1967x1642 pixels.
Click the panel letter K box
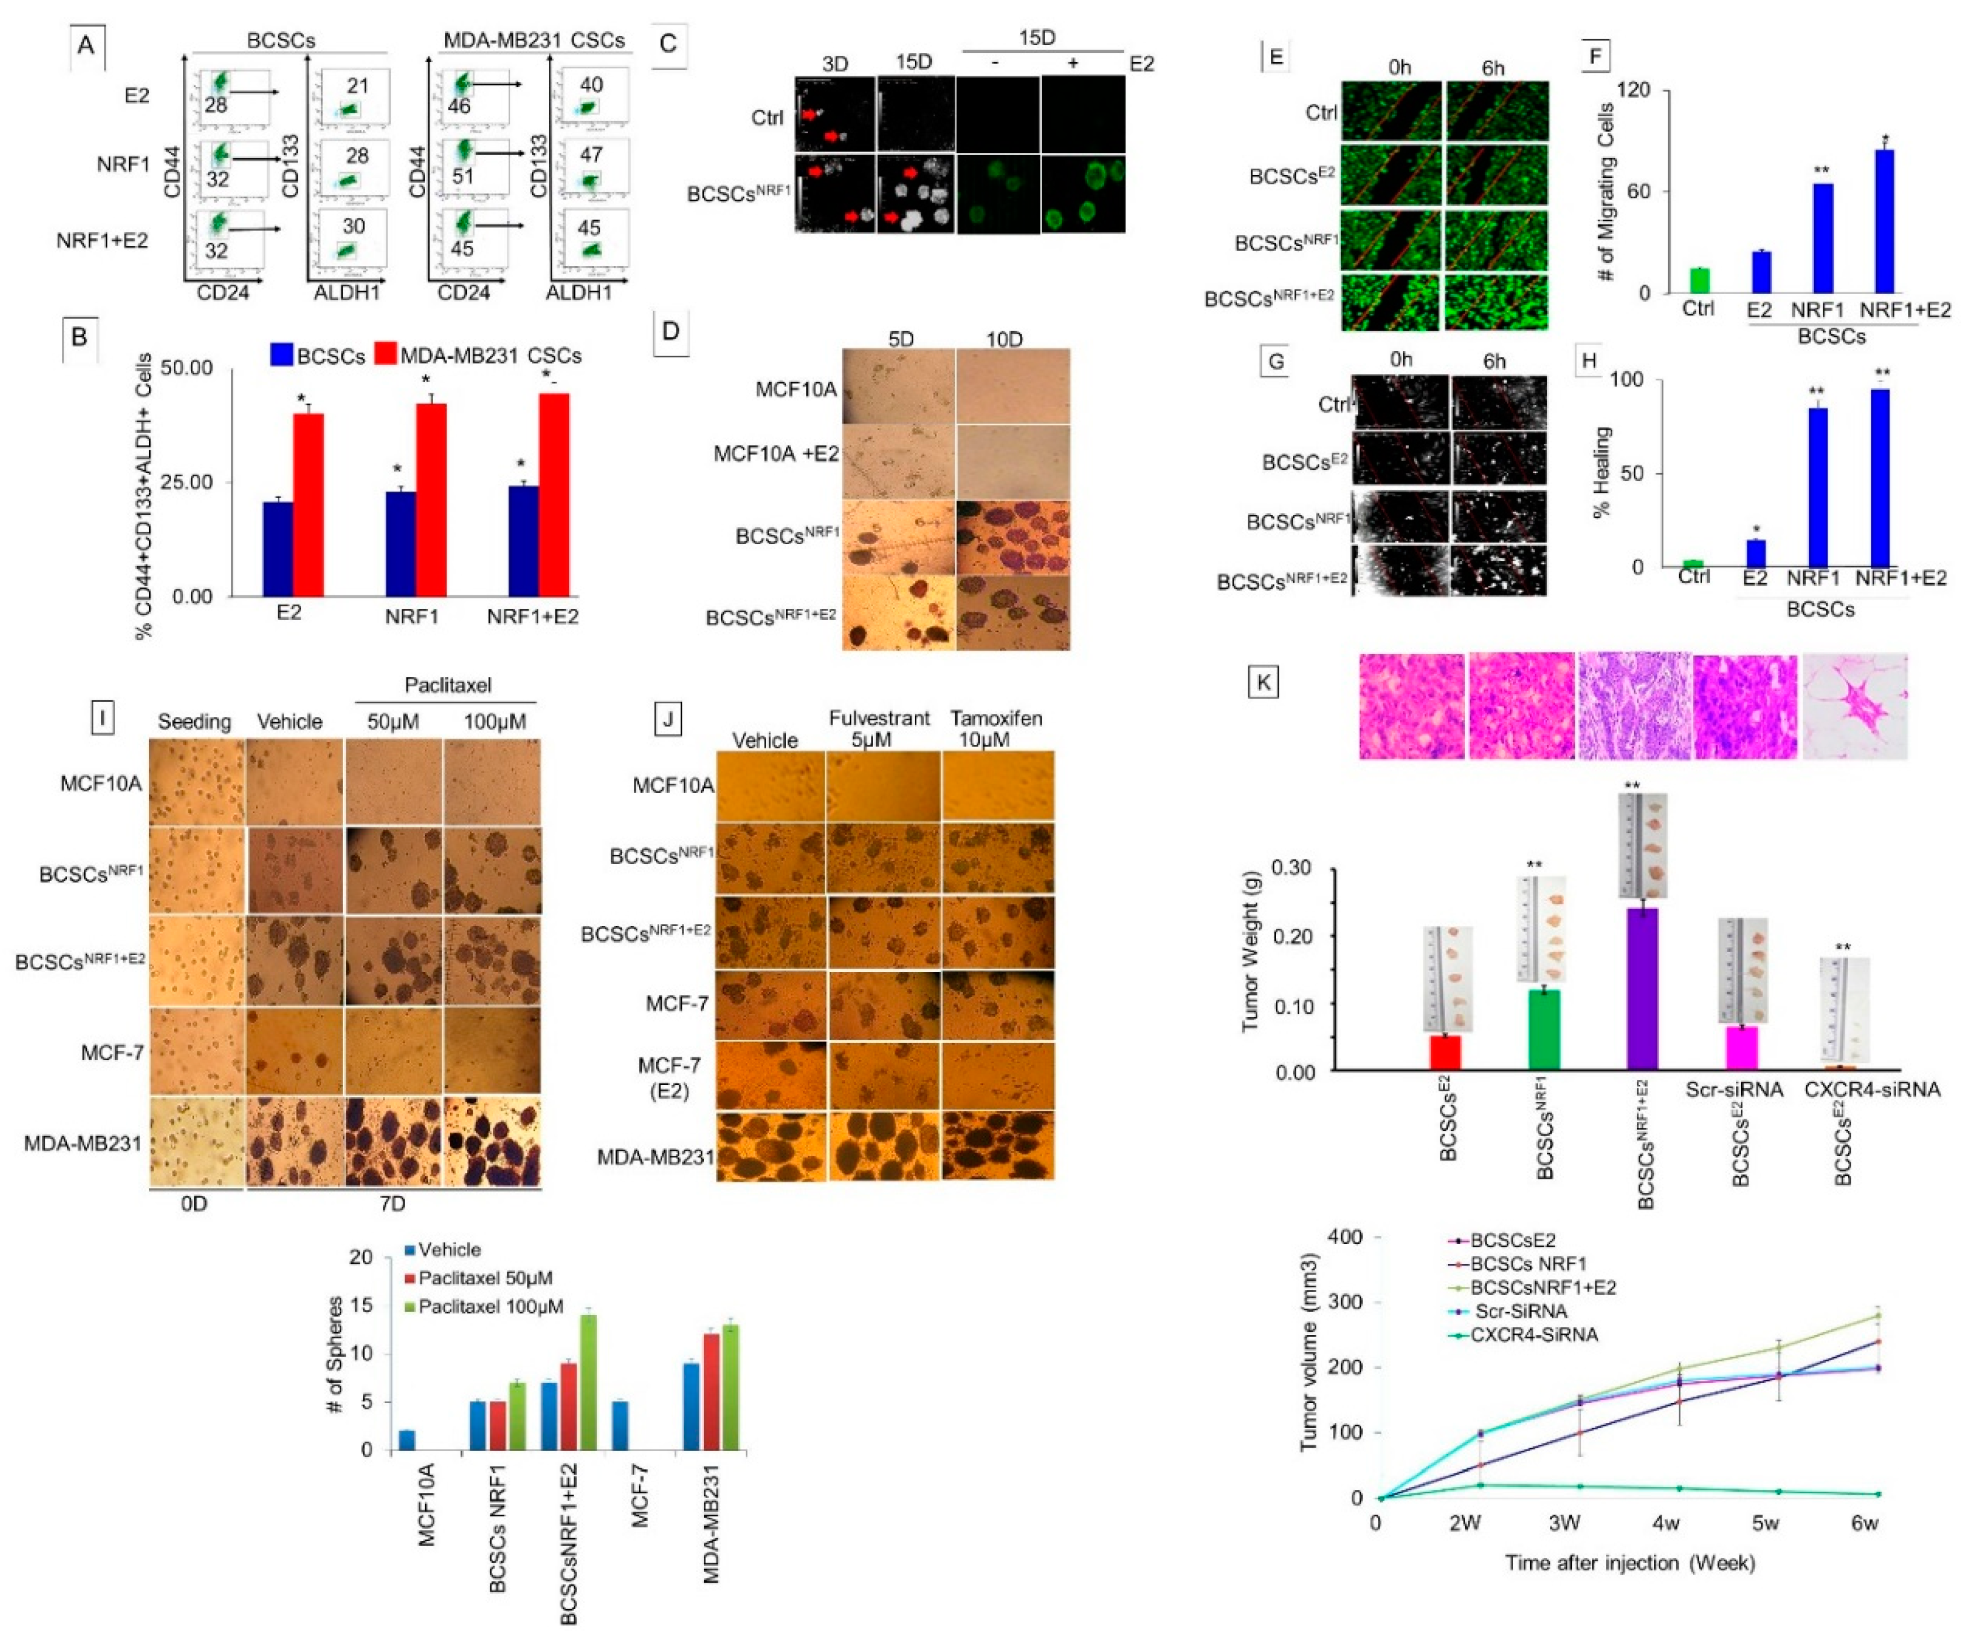[x=1264, y=682]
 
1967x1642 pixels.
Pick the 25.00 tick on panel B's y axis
[x=187, y=483]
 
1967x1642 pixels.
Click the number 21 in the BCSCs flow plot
[x=357, y=86]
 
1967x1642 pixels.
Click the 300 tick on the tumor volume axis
[x=1342, y=1303]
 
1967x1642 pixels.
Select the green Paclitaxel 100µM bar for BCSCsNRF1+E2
[x=588, y=1381]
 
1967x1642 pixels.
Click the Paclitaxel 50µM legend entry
[x=484, y=1277]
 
